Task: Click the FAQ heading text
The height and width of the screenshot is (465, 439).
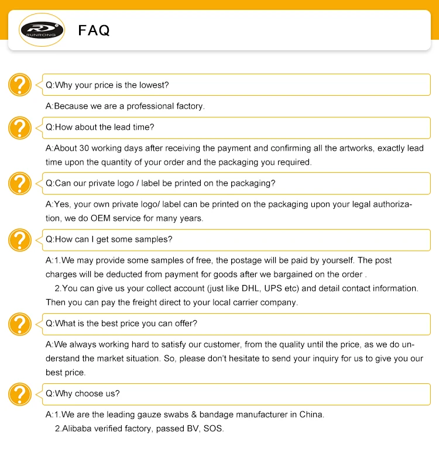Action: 94,30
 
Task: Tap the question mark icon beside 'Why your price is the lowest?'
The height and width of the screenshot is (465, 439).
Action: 19,85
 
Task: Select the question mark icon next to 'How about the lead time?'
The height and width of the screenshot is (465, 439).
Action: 19,127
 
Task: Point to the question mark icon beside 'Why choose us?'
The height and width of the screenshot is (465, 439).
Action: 19,394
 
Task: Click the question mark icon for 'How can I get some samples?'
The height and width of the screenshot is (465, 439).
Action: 19,240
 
